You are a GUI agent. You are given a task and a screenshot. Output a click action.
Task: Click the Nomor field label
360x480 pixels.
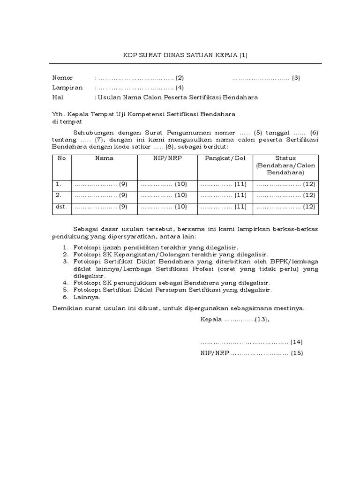(62, 78)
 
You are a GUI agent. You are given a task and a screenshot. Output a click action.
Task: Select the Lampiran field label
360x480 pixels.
(67, 88)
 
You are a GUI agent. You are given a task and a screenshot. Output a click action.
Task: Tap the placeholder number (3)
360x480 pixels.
(296, 78)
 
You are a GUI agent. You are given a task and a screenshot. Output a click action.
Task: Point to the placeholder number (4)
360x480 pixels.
(180, 88)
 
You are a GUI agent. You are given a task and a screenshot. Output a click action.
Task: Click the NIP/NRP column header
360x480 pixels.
(167, 158)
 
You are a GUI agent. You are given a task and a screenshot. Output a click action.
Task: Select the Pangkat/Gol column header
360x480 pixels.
(225, 158)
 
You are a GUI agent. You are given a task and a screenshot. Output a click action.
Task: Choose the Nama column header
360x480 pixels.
(104, 158)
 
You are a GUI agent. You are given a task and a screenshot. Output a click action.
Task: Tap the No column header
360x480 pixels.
(61, 158)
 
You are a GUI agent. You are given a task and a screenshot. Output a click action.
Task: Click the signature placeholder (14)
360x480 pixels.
(252, 342)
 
